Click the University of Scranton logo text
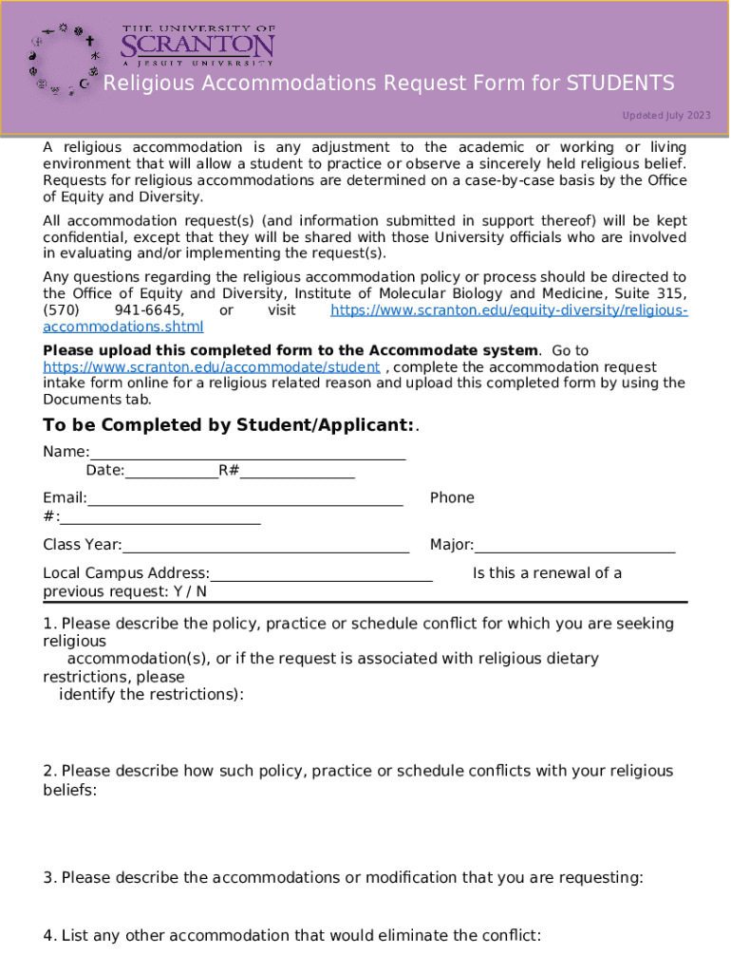tap(197, 45)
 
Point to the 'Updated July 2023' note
tap(665, 116)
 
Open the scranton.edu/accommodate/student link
tap(212, 367)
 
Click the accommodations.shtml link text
tap(123, 327)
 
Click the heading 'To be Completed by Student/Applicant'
tap(229, 425)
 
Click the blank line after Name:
tap(248, 454)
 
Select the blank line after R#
tap(297, 471)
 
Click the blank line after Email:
tap(245, 499)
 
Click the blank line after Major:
tap(574, 546)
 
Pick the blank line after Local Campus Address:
tap(321, 574)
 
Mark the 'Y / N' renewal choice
tap(190, 591)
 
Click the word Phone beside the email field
tap(452, 497)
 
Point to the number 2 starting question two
tap(47, 772)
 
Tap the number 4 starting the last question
tap(47, 936)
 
